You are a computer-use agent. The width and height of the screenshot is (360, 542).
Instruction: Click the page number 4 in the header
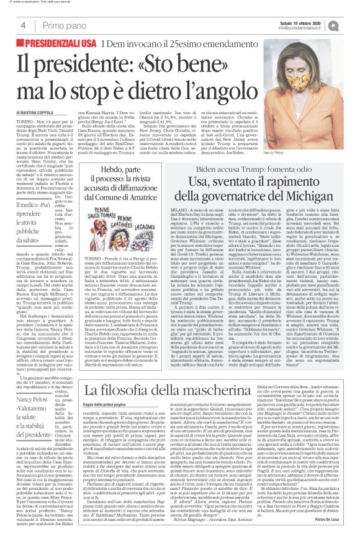tap(22, 25)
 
